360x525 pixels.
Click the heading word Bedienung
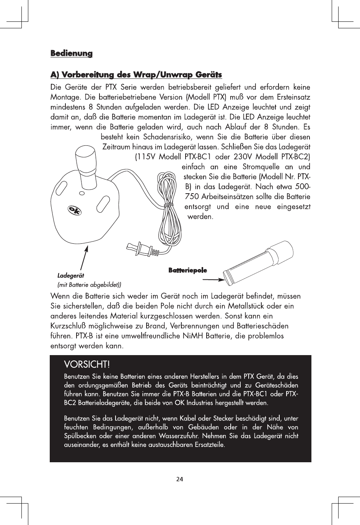click(x=72, y=53)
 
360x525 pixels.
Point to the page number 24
click(x=180, y=479)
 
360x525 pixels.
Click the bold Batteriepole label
click(x=187, y=271)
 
